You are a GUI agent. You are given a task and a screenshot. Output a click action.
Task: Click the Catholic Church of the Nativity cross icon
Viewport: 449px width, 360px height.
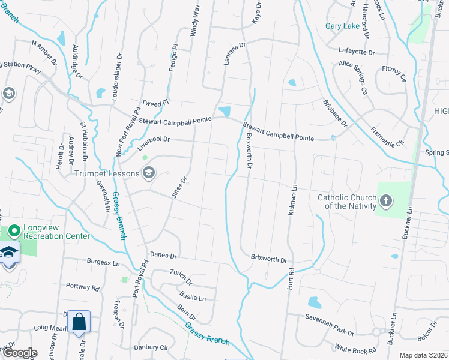(x=385, y=200)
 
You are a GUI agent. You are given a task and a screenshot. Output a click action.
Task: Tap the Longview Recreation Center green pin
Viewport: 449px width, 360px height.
(x=14, y=229)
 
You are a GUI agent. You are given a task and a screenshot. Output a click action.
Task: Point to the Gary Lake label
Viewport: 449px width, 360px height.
(x=342, y=26)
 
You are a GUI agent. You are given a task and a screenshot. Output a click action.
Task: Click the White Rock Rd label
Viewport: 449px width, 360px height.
(x=355, y=349)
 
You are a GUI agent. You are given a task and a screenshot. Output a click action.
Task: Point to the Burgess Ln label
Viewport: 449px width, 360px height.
(x=103, y=262)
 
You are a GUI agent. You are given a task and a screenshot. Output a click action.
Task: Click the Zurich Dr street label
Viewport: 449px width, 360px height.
(x=181, y=277)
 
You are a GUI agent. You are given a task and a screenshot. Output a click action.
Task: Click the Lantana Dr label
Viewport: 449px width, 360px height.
(x=235, y=53)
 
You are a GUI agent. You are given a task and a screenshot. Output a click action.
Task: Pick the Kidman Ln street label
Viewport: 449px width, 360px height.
(x=294, y=197)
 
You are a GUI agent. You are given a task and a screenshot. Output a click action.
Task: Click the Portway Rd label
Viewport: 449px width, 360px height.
(x=82, y=287)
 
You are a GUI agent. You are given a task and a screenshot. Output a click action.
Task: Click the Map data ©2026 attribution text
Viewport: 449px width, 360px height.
(x=423, y=355)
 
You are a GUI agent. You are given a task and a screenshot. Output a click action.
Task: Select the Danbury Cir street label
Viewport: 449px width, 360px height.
(x=151, y=347)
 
